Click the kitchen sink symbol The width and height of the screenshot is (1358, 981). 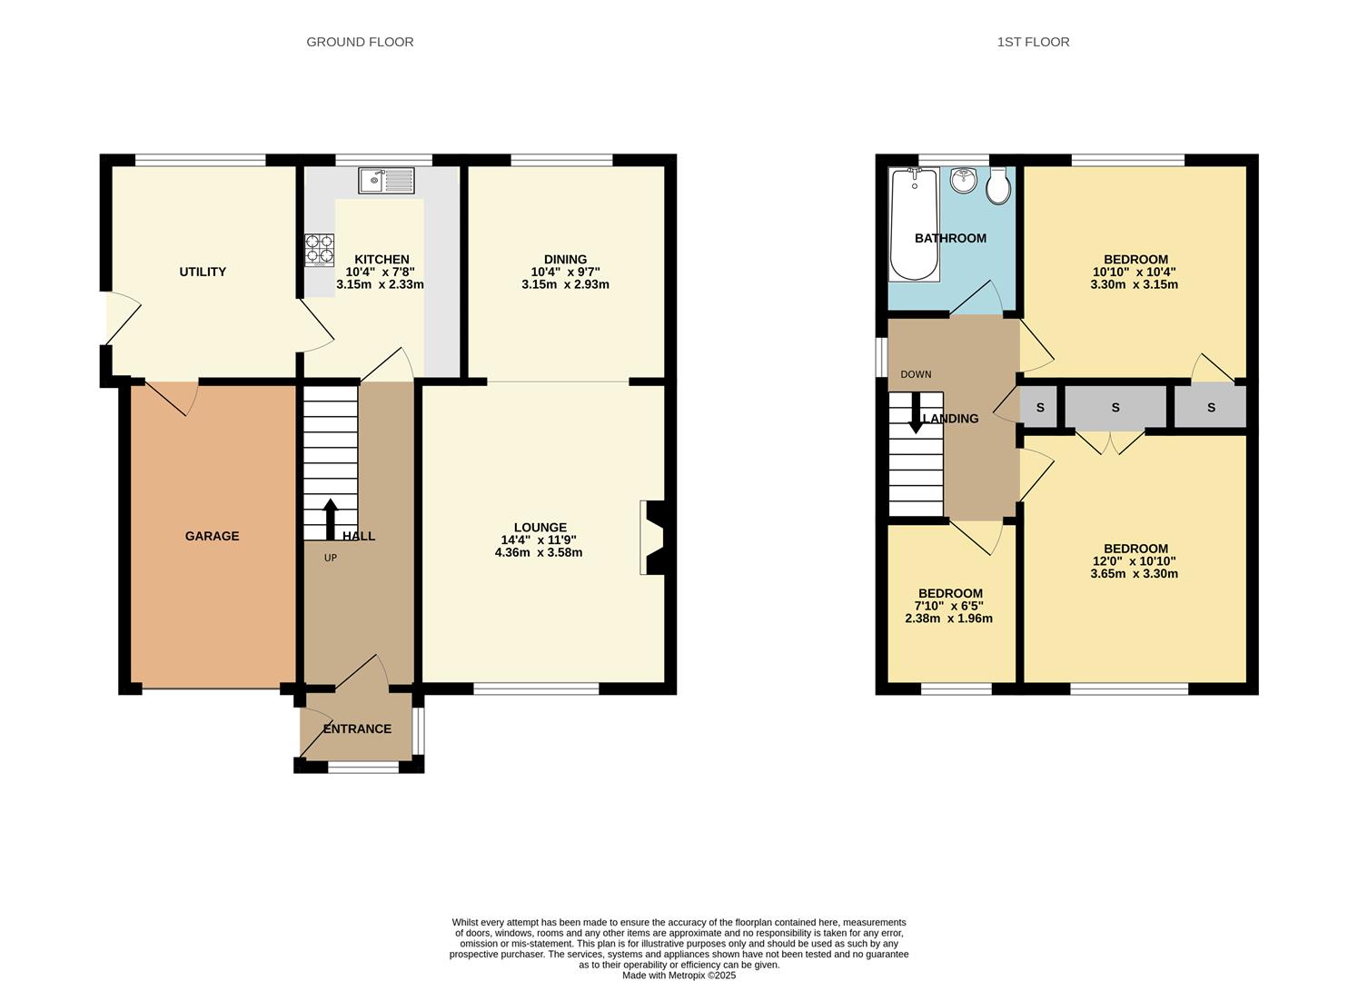tap(386, 180)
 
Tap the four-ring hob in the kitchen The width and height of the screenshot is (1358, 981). tap(319, 250)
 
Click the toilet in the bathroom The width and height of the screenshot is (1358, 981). tap(998, 186)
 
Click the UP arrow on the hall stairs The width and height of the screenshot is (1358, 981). tap(330, 519)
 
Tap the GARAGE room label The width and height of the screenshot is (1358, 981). tap(212, 536)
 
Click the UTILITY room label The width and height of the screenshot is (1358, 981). tap(203, 272)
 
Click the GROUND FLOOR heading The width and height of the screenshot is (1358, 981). tap(360, 42)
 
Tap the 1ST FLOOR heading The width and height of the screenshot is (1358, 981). tap(1033, 42)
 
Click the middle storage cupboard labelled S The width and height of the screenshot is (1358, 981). tap(1115, 408)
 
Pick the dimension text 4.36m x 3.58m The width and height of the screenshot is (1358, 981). tap(540, 552)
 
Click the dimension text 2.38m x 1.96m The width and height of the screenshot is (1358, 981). tap(948, 619)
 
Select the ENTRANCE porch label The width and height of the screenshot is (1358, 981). tap(357, 728)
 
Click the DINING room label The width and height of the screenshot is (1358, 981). tap(565, 259)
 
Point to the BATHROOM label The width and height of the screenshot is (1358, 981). tap(950, 238)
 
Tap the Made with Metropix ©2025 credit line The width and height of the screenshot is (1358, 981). tap(679, 976)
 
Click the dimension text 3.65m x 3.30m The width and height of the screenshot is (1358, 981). tap(1135, 573)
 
